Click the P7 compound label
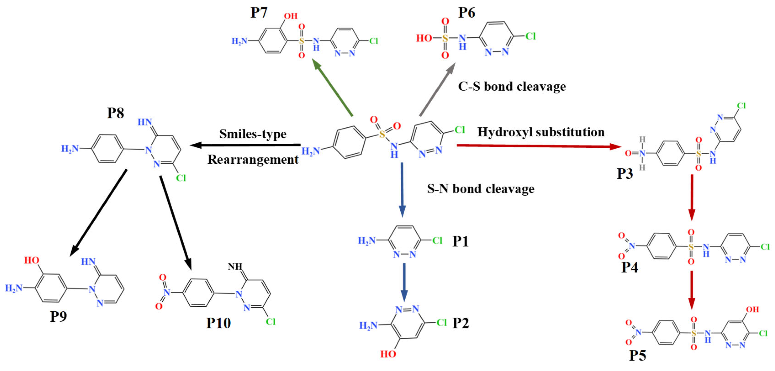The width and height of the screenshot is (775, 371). point(259,13)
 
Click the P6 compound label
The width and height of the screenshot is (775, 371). point(467,13)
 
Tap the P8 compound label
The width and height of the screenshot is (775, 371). point(116,113)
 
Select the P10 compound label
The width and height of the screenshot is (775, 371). point(218,323)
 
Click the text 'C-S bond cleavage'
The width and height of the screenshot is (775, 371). point(512,87)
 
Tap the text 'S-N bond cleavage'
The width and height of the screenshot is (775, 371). point(481,189)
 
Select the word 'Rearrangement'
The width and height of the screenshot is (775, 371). point(253,160)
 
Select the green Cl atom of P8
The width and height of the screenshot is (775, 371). point(181,178)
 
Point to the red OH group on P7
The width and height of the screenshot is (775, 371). point(291,16)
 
